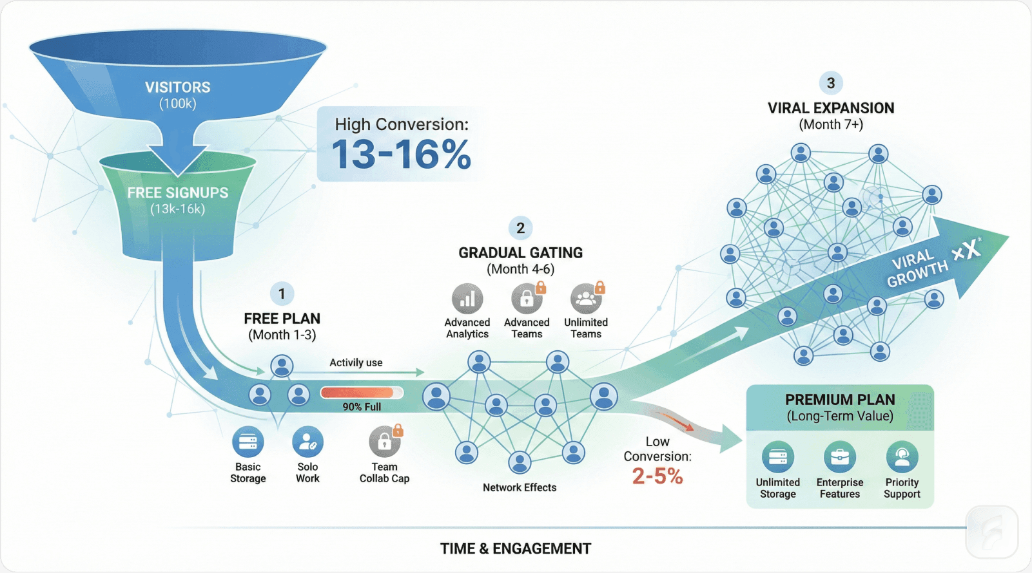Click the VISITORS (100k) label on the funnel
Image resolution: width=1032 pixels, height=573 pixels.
(177, 94)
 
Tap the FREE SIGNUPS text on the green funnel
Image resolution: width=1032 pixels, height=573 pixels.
(177, 193)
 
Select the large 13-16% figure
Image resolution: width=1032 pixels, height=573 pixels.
(401, 155)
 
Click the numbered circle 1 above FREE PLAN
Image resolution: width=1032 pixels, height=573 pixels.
(282, 294)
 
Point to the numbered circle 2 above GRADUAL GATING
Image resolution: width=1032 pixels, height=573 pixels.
(521, 228)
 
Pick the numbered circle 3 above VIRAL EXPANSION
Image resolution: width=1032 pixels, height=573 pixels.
(831, 83)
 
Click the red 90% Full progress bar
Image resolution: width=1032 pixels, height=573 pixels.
(361, 393)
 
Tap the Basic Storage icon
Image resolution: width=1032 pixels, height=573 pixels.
(248, 442)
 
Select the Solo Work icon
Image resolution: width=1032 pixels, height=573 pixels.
(307, 442)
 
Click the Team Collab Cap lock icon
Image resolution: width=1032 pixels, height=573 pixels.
(385, 442)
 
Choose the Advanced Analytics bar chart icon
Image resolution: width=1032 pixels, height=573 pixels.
(467, 299)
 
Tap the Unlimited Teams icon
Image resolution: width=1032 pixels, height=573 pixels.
(586, 299)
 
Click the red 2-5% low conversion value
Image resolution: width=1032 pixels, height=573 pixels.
(657, 476)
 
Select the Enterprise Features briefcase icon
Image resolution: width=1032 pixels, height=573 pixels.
(839, 457)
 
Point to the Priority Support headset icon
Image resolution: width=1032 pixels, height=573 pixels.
(902, 457)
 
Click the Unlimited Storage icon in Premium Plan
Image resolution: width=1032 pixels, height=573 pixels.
(777, 457)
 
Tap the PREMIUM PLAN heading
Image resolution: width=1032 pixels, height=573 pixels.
(840, 400)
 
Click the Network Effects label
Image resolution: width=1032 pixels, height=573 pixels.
(520, 487)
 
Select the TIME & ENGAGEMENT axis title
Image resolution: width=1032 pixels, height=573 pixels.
(516, 549)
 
